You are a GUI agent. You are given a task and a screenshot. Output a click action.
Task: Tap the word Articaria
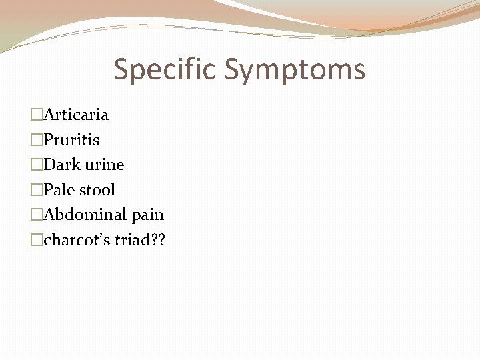point(76,115)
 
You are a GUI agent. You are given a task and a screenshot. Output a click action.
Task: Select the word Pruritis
point(71,140)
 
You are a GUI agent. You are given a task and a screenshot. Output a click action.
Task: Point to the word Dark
point(61,165)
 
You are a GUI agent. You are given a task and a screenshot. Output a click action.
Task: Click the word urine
point(104,165)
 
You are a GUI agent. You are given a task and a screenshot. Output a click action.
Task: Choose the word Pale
point(61,190)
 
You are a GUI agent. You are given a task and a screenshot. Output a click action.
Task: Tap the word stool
point(98,190)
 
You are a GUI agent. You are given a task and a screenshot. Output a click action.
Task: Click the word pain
point(147,215)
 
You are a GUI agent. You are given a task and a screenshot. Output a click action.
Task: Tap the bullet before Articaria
point(37,115)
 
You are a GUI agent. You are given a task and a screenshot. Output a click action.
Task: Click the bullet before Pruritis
point(37,140)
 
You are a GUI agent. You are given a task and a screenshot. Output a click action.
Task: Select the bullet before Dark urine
point(37,165)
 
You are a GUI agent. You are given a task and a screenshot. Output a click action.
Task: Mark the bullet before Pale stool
point(37,190)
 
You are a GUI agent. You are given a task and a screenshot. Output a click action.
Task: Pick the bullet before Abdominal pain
point(37,215)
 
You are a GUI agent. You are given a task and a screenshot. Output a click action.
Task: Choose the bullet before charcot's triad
point(37,240)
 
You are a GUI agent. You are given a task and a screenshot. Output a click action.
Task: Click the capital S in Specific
point(122,69)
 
